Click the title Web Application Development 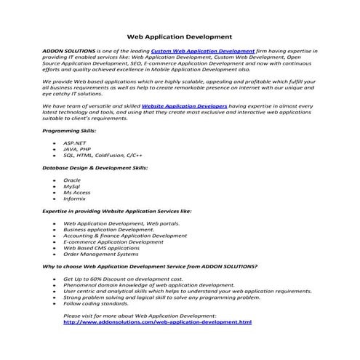[180, 34]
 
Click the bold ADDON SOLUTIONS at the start [70, 52]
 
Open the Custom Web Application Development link [203, 52]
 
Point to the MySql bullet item [72, 186]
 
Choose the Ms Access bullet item [77, 192]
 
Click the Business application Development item [109, 229]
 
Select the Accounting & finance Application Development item [125, 236]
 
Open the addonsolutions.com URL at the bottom [158, 322]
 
